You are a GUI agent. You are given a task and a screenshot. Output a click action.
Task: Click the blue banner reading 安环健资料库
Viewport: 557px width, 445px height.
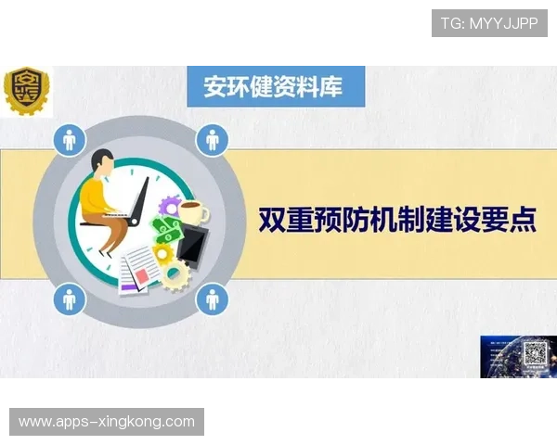(x=274, y=86)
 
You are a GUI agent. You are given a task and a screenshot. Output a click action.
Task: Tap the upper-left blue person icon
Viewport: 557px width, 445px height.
(x=69, y=141)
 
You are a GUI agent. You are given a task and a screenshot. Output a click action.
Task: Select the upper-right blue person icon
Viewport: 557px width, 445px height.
(x=213, y=141)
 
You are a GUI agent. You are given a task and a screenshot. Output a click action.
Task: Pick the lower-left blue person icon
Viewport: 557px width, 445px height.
(x=69, y=299)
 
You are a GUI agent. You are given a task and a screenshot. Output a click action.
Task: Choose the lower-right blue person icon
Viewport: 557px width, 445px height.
(x=213, y=299)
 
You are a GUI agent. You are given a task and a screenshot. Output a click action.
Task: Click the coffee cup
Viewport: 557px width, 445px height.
(x=193, y=212)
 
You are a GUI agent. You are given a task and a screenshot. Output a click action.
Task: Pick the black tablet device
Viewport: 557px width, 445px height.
(x=191, y=245)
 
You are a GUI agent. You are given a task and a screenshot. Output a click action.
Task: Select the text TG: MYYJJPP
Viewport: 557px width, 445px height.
(x=489, y=23)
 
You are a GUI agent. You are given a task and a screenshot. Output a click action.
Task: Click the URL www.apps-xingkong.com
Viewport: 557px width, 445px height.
(x=107, y=422)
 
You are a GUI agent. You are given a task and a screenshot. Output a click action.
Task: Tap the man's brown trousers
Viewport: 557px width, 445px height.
(x=110, y=231)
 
